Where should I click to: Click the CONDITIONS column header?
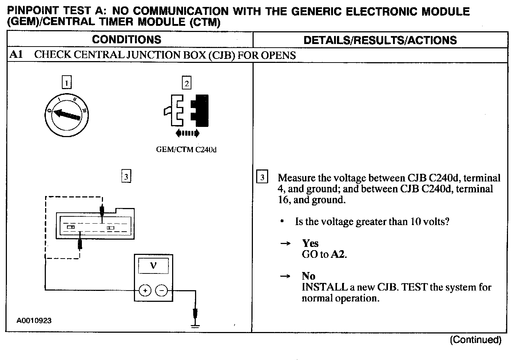[126, 40]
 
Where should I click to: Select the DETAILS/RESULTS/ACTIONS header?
[380, 40]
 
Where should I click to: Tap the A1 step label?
[16, 55]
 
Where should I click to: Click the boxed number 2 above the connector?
[187, 83]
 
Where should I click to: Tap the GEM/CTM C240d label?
[186, 150]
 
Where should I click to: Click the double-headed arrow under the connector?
[187, 133]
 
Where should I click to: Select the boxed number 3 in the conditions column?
[126, 177]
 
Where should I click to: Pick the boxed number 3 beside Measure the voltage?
[262, 177]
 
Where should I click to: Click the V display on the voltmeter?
[154, 266]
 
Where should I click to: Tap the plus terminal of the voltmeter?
[145, 290]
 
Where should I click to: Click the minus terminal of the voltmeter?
[162, 290]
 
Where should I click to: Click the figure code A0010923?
[34, 321]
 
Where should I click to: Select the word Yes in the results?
[310, 243]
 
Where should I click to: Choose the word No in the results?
[308, 276]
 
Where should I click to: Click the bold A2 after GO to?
[338, 255]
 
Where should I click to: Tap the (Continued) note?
[476, 340]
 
